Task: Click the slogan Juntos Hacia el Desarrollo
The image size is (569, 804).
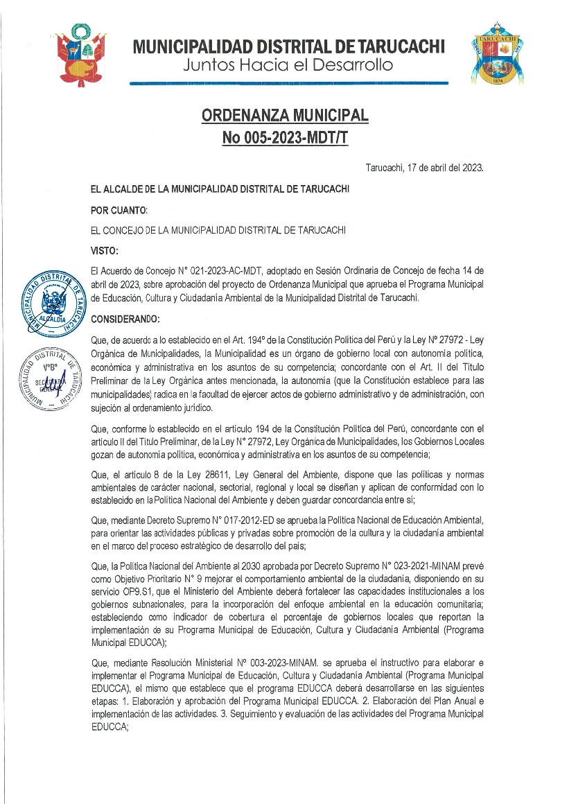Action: click(288, 66)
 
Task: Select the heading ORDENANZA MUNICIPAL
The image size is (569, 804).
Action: click(285, 114)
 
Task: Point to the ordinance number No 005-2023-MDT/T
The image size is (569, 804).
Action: click(285, 137)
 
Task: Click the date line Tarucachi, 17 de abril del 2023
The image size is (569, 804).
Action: click(424, 168)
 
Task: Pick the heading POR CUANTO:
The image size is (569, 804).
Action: click(119, 209)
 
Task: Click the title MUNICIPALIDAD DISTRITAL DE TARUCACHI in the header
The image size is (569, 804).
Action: click(289, 46)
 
